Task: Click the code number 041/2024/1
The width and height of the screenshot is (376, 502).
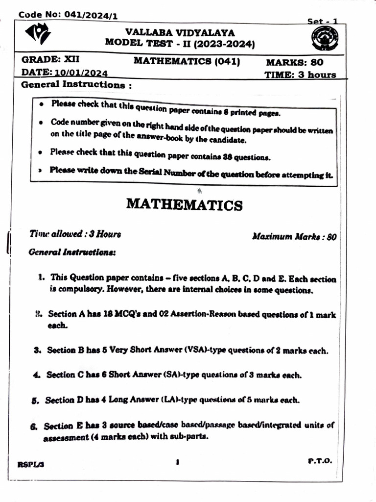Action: pyautogui.click(x=90, y=15)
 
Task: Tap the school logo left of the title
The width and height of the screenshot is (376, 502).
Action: pyautogui.click(x=38, y=35)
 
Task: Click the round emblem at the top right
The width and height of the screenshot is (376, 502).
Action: pyautogui.click(x=324, y=39)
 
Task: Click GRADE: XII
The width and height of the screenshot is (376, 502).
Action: pyautogui.click(x=47, y=61)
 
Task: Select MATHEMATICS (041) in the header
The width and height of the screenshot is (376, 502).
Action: pyautogui.click(x=187, y=61)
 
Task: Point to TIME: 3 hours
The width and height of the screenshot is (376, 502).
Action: pyautogui.click(x=300, y=75)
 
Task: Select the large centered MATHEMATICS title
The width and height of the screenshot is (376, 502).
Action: pyautogui.click(x=184, y=204)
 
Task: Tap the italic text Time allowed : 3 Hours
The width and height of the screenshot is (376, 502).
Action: pyautogui.click(x=75, y=234)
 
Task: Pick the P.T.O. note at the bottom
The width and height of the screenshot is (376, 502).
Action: pyautogui.click(x=320, y=461)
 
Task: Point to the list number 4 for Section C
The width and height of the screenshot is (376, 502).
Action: pyautogui.click(x=36, y=375)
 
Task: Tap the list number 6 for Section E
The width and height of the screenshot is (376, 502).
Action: pyautogui.click(x=34, y=427)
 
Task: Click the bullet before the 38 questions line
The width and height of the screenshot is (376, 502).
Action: pyautogui.click(x=41, y=153)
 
